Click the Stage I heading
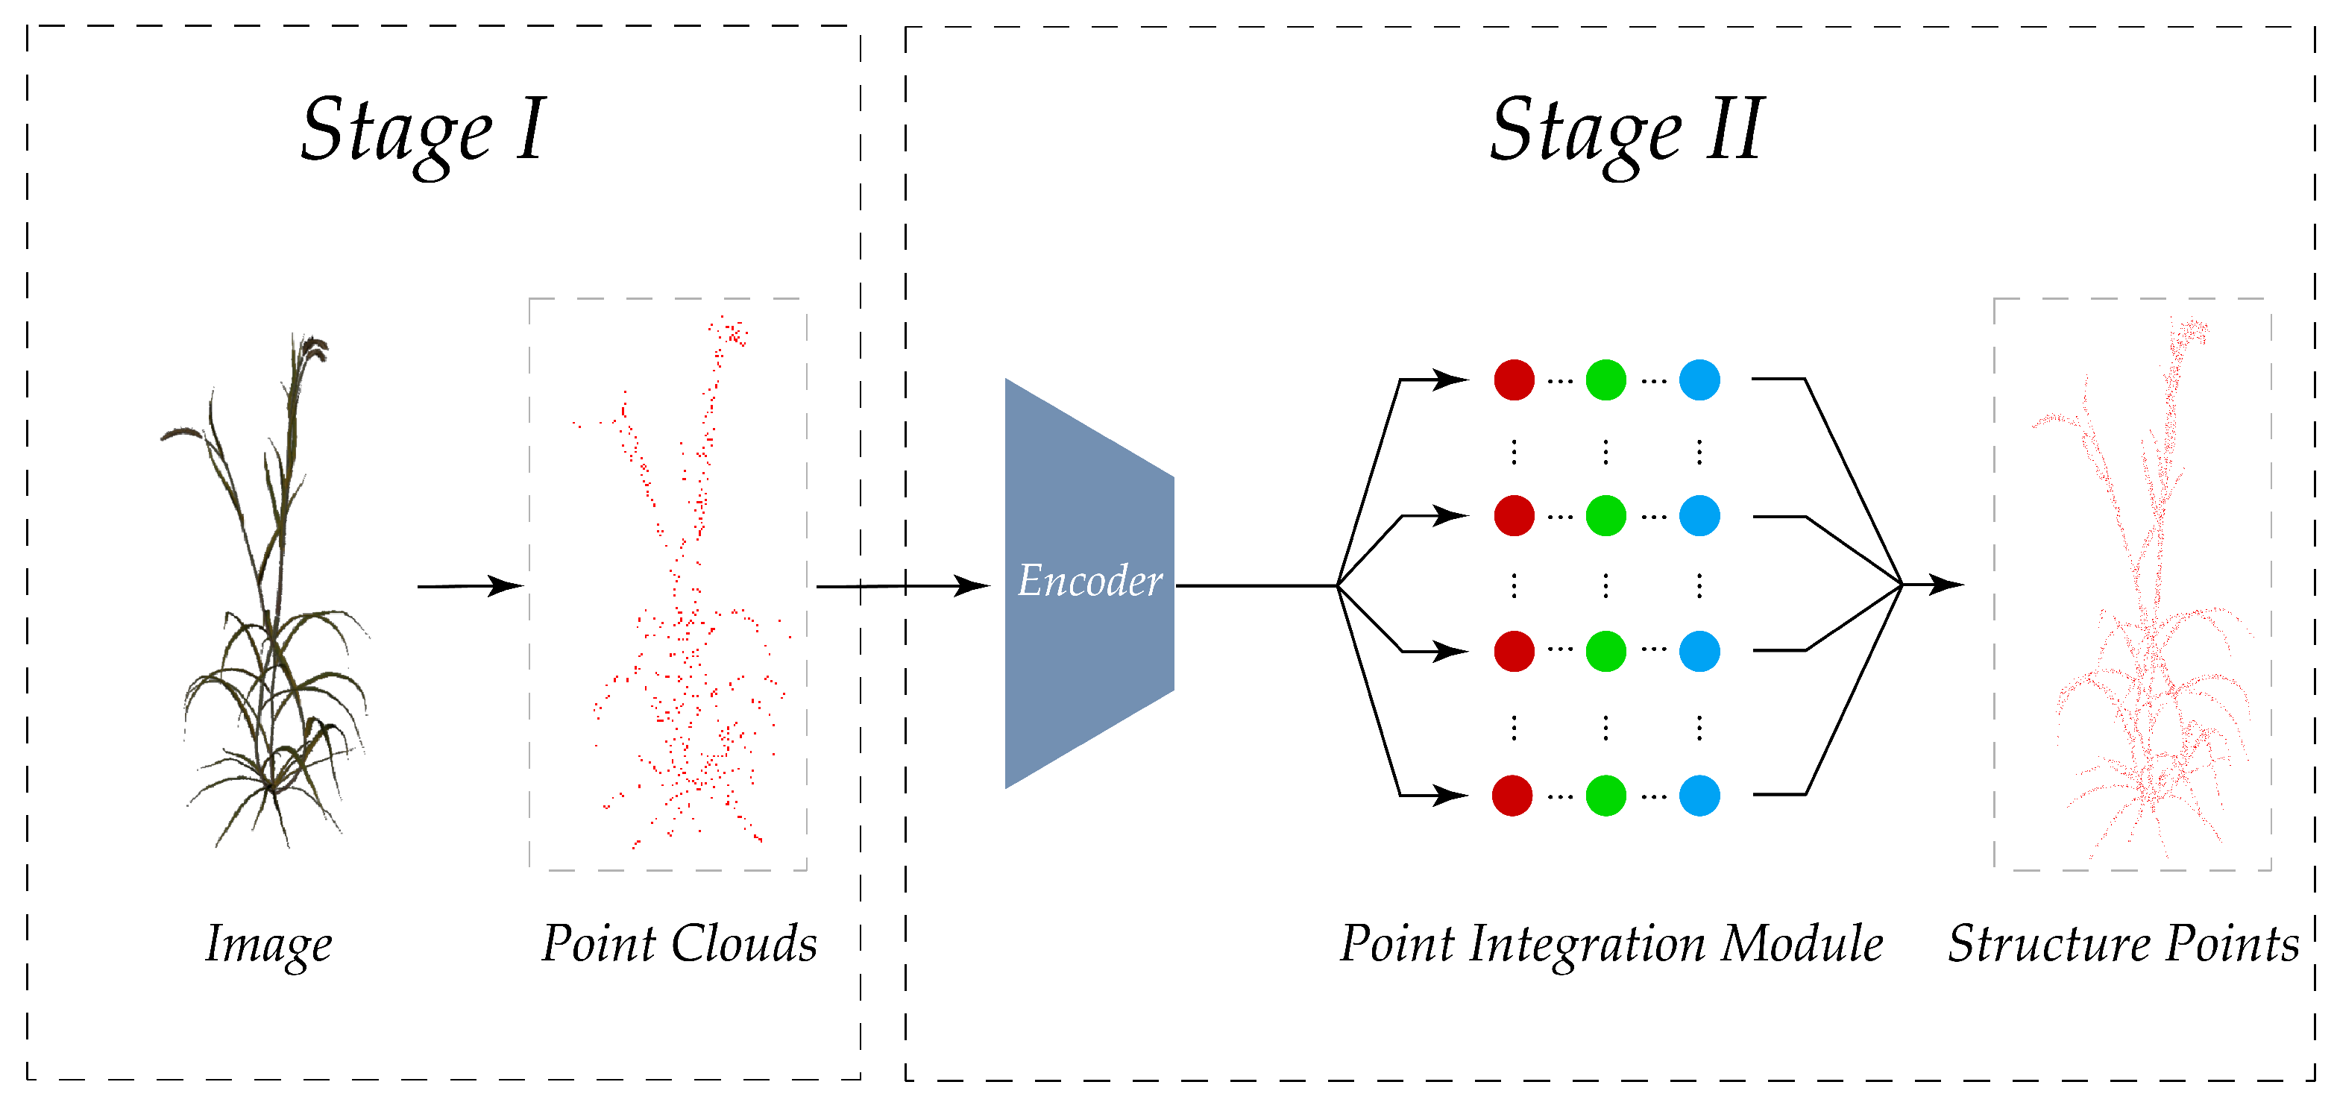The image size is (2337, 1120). [x=424, y=131]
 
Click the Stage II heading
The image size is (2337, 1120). [x=1626, y=131]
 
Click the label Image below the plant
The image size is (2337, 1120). [x=268, y=945]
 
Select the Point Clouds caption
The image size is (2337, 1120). [x=679, y=944]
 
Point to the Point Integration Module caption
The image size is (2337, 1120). [x=1611, y=945]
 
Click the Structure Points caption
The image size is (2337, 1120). [x=2123, y=944]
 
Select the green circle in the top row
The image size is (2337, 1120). [x=1605, y=380]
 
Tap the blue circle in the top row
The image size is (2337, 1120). [x=1699, y=380]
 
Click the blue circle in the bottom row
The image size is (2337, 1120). [x=1699, y=796]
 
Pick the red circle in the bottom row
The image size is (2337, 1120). [x=1512, y=796]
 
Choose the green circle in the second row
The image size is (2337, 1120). [x=1605, y=516]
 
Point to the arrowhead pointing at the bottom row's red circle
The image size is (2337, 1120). [x=1449, y=796]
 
